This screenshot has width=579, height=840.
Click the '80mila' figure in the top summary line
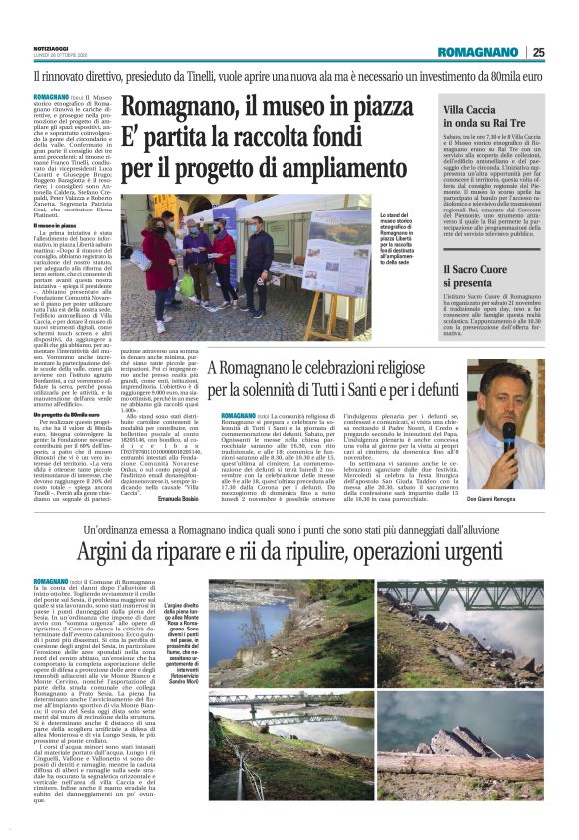472,75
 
